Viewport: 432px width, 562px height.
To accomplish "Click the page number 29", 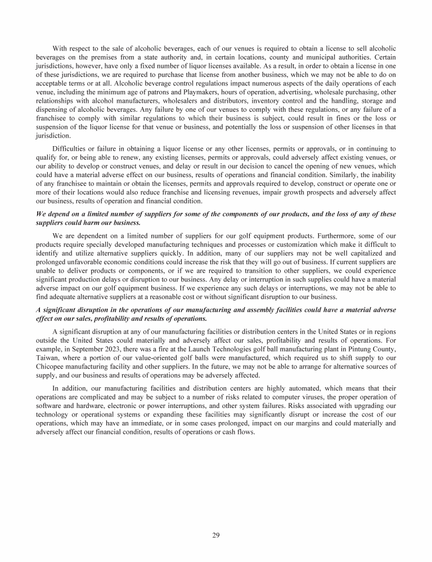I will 216,534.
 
